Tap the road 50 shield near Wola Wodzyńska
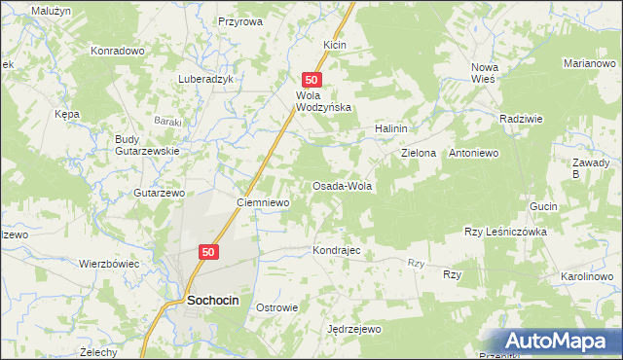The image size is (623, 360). [x=311, y=80]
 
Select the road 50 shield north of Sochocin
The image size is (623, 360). [x=208, y=251]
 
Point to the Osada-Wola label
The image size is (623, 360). [x=342, y=185]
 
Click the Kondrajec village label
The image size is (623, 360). [x=337, y=250]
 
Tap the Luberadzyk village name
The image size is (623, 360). [x=205, y=80]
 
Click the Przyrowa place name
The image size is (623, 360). [x=240, y=20]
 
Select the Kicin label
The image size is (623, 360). [x=335, y=45]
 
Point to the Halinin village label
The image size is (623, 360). [x=390, y=128]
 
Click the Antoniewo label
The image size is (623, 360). [x=473, y=154]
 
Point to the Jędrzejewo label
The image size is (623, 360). [x=354, y=329]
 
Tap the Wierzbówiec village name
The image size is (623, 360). [x=109, y=264]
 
